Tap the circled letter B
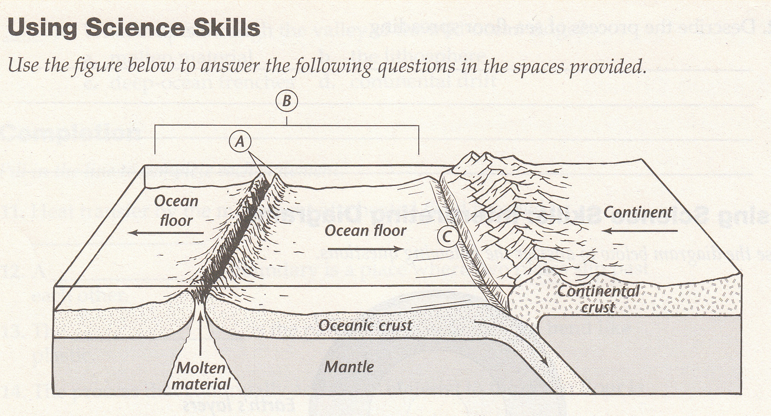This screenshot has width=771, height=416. click(286, 101)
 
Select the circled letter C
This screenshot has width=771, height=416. click(447, 236)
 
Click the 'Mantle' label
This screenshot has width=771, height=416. click(349, 366)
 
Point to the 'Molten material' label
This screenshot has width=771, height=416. click(201, 375)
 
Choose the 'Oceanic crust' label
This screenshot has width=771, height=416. click(365, 325)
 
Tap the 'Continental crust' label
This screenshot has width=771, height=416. click(598, 299)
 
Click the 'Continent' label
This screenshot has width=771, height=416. click(638, 212)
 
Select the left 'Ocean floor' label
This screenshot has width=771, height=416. click(176, 210)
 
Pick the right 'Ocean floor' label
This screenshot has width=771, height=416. click(365, 231)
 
